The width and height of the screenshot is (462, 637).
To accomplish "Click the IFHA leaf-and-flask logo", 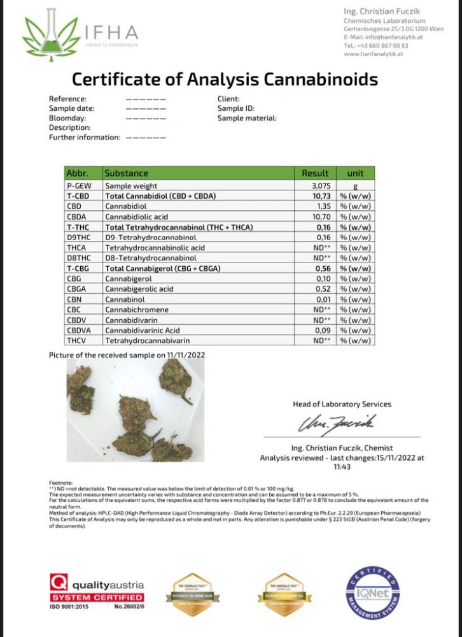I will (x=48, y=36).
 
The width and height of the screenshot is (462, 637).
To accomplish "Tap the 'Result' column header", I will (x=315, y=173).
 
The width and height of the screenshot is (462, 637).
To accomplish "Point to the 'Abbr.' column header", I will (x=76, y=173).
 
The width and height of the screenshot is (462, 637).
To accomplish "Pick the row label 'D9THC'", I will (x=77, y=237).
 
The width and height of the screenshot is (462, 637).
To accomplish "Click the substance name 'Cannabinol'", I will (x=126, y=299).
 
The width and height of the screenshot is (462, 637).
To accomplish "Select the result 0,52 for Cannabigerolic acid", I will (x=321, y=289).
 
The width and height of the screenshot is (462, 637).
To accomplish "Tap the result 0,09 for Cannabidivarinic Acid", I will (x=321, y=331).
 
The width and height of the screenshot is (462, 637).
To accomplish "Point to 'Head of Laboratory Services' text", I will (x=342, y=404).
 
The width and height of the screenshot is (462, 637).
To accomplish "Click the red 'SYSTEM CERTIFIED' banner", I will (x=97, y=597).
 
